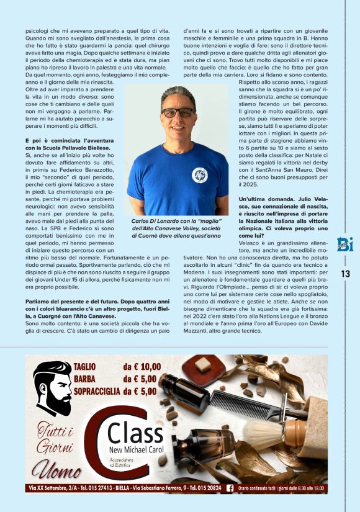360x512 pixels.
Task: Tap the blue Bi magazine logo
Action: coord(346,244)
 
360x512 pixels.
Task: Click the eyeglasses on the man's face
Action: coord(178,112)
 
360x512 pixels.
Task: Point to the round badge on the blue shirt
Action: coord(199,175)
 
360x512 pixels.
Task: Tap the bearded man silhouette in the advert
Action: coord(52,388)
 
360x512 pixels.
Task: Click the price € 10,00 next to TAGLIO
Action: coord(142,367)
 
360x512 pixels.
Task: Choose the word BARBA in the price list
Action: coord(85,379)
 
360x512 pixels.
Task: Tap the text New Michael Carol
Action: coord(138,450)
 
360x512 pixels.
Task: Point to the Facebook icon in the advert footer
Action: coord(230,488)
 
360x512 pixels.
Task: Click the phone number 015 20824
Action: coord(205,488)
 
